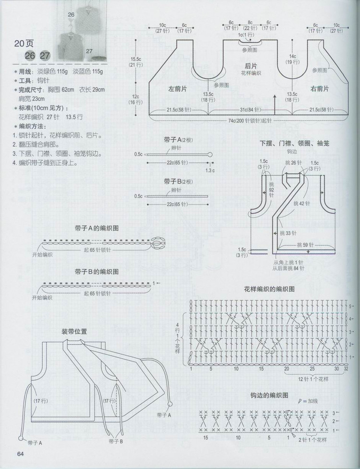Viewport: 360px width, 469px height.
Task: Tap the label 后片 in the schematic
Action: (250, 66)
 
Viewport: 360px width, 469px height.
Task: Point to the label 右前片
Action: (320, 89)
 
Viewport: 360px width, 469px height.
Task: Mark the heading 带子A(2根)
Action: (178, 140)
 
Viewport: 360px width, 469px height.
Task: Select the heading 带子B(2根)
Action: (178, 181)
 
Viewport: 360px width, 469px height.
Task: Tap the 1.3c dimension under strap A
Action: (209, 170)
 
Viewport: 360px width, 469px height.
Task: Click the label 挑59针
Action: (303, 244)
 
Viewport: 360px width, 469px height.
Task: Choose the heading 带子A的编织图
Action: (96, 229)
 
